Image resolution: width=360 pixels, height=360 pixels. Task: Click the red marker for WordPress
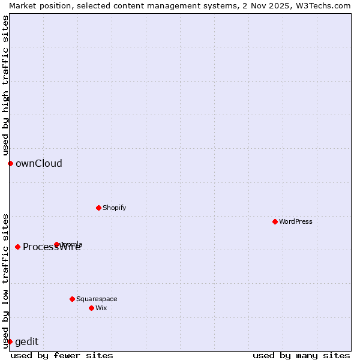coord(275,221)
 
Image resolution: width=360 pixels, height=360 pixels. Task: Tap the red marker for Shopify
coord(98,208)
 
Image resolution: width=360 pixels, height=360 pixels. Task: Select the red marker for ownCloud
coord(10,163)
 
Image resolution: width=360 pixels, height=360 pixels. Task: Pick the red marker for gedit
coord(10,341)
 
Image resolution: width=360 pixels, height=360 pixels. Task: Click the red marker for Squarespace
coord(72,299)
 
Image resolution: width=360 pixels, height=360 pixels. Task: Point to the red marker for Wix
coord(91,308)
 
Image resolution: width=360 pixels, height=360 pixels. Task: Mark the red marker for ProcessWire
coord(17,247)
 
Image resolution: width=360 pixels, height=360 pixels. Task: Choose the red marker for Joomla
coord(56,244)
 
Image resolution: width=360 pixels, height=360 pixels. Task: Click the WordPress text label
coord(296,221)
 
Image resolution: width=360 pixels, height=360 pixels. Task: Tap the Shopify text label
coord(114,208)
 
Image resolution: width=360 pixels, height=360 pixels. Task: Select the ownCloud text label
coord(39,163)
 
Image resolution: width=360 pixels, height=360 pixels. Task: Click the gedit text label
coord(26,341)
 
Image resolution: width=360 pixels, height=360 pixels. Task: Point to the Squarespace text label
coord(97,299)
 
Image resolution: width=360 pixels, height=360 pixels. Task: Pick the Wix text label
coord(101,308)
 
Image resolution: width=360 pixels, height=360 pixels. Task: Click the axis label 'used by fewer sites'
coord(62,355)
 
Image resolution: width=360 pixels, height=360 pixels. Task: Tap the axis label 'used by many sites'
coord(301,355)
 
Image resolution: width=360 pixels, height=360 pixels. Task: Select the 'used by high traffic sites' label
coord(5,85)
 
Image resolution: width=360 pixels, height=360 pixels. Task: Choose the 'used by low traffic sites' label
coord(5,280)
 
